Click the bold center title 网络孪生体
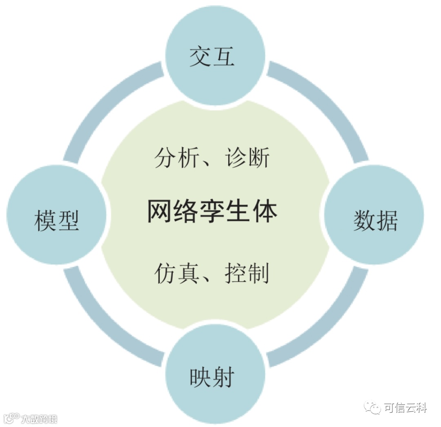212,211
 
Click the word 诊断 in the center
247,157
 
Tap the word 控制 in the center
247,273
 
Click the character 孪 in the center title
212,211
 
